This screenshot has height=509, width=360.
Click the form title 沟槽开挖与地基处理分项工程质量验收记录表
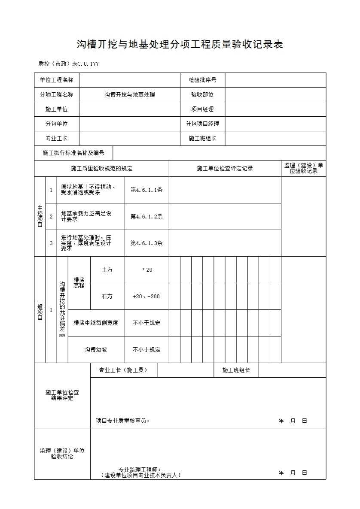click(180, 45)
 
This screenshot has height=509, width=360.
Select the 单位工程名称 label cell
click(57, 80)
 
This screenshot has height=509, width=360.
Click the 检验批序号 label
click(202, 80)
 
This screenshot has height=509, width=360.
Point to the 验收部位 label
click(202, 95)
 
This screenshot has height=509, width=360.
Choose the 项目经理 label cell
click(202, 109)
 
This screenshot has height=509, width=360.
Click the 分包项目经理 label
click(202, 124)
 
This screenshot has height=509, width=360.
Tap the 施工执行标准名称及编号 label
click(73, 153)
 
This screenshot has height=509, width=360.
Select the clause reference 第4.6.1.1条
click(146, 190)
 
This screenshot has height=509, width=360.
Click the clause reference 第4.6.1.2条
click(146, 217)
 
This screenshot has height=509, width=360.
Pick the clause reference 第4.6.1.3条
click(146, 243)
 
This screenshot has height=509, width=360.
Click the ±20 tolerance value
click(146, 270)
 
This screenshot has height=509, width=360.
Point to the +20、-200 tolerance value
click(146, 297)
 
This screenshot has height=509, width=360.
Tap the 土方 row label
click(107, 270)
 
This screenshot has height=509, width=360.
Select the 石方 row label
click(107, 297)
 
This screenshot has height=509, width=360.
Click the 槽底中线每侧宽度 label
click(96, 323)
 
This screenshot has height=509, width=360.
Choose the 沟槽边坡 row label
click(96, 350)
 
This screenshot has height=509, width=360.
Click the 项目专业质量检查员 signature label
click(122, 421)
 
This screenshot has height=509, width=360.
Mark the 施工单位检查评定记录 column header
click(225, 169)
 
